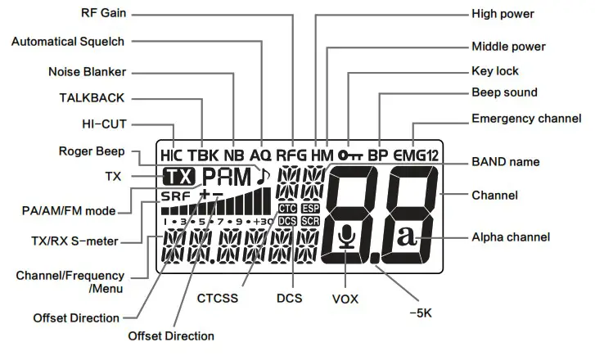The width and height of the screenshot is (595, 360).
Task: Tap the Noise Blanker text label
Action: click(x=87, y=72)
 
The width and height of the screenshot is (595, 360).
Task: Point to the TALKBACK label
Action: click(x=92, y=98)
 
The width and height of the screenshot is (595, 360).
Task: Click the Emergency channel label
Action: click(x=526, y=119)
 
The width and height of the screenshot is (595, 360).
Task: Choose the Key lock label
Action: click(x=495, y=71)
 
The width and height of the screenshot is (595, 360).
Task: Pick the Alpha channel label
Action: click(x=511, y=237)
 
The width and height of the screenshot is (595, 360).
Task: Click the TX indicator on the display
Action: click(x=178, y=176)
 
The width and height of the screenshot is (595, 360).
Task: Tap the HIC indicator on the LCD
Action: click(x=173, y=154)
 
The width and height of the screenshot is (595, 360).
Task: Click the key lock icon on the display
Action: click(x=349, y=154)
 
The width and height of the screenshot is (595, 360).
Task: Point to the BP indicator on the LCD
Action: click(x=378, y=154)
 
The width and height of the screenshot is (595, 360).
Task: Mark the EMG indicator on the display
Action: click(x=408, y=154)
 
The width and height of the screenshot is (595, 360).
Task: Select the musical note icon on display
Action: click(x=262, y=174)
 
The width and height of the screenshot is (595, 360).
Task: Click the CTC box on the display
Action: click(x=287, y=208)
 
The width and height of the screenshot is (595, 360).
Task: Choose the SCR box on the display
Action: click(x=310, y=221)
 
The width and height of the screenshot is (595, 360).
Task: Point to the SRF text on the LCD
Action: click(x=174, y=197)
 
